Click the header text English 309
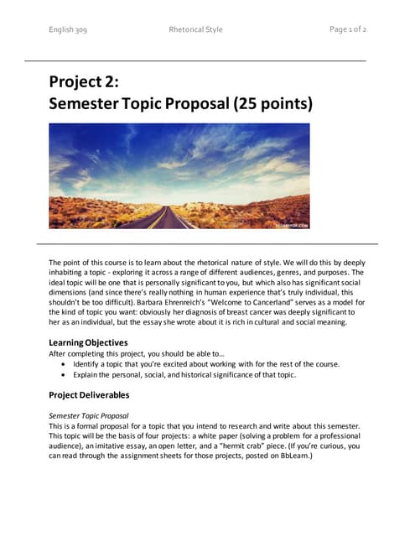[x=68, y=29]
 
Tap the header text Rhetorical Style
[x=195, y=29]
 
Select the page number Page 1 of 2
[x=348, y=29]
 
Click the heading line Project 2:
[x=84, y=81]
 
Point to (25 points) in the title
[x=272, y=105]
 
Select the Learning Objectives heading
[x=88, y=342]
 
